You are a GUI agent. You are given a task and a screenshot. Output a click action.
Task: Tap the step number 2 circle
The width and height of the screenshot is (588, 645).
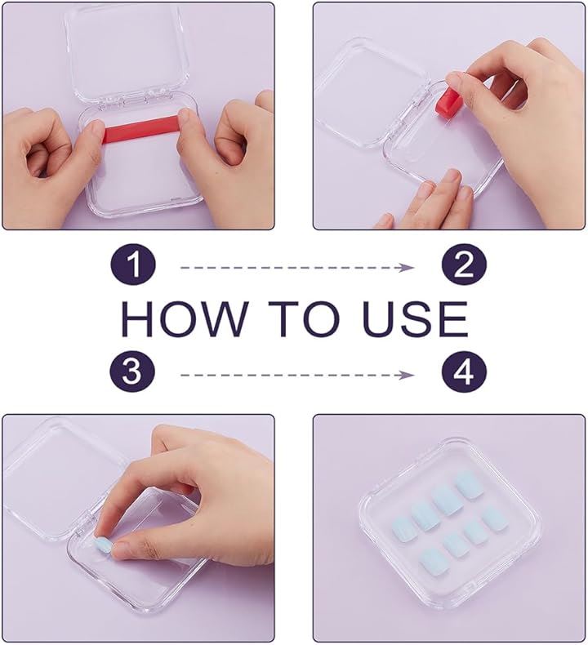pyautogui.click(x=464, y=265)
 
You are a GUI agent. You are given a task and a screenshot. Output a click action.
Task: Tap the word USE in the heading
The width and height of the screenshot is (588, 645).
pyautogui.click(x=415, y=318)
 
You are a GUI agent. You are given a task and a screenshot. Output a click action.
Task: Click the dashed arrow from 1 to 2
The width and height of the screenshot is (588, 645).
pyautogui.click(x=297, y=268)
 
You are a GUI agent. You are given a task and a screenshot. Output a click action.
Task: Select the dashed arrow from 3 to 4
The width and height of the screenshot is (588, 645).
pyautogui.click(x=297, y=375)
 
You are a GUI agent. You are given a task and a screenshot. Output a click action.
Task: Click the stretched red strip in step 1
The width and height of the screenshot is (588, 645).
pyautogui.click(x=140, y=129)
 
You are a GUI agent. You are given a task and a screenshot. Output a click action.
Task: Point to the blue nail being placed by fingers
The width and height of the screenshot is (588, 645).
pyautogui.click(x=102, y=545)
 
